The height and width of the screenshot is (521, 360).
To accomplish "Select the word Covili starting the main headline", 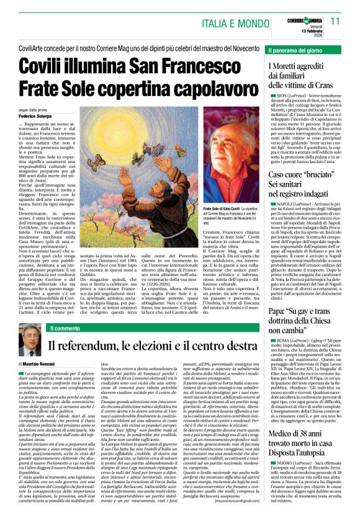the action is [47, 66].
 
